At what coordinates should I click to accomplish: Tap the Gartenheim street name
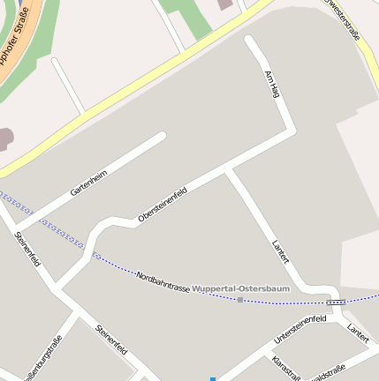point(88,183)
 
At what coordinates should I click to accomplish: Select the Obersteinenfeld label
point(163,205)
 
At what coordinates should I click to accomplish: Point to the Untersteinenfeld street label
point(300,328)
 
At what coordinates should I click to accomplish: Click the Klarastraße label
point(286,369)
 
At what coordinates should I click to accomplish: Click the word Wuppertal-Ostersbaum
point(231,289)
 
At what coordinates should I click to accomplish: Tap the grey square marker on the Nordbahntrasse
point(240,300)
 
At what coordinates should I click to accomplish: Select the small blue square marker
point(212,378)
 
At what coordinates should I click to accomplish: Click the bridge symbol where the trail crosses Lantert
point(335,302)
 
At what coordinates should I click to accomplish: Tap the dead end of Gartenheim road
point(162,136)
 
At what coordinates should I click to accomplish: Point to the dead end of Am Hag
point(250,41)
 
